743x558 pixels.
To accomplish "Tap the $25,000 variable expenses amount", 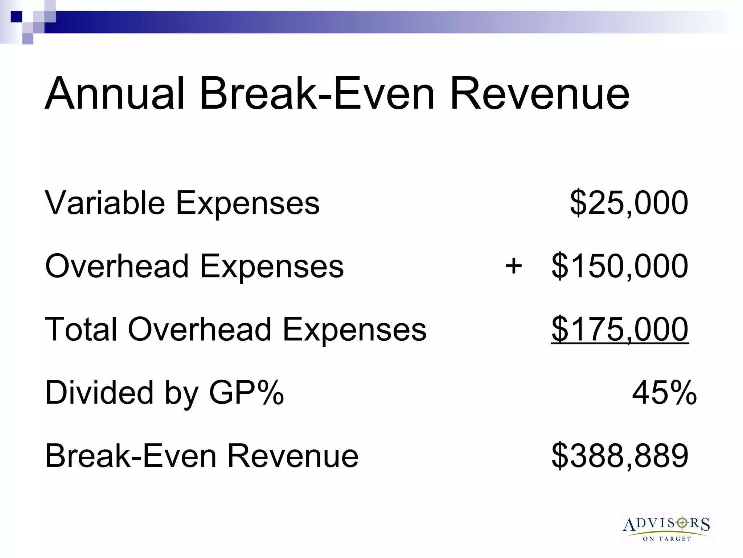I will click(x=629, y=203).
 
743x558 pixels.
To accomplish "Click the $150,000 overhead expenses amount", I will click(x=620, y=266).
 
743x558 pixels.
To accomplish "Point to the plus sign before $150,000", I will click(x=514, y=266).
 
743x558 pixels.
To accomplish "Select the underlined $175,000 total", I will click(x=620, y=329).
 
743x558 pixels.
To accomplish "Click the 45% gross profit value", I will click(x=664, y=393).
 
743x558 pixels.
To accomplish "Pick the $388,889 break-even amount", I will click(x=620, y=456).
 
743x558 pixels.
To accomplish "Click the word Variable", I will click(x=105, y=203).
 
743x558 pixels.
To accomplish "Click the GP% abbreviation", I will click(x=246, y=393).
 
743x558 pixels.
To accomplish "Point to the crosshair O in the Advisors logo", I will click(x=682, y=523).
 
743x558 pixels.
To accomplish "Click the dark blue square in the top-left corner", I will click(x=16, y=17).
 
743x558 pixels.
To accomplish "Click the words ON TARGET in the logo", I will click(x=667, y=539).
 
